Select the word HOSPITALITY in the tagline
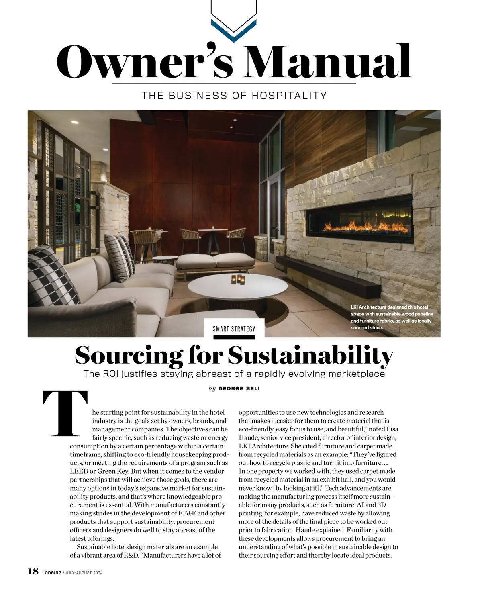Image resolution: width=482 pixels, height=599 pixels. [x=289, y=96]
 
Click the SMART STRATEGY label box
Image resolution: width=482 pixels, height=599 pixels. [x=234, y=329]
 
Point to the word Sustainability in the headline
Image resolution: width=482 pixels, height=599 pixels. [x=310, y=356]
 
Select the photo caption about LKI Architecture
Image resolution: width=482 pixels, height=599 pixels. [x=391, y=317]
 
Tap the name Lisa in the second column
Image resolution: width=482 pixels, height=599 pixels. [x=392, y=429]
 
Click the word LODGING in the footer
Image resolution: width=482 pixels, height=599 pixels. [x=51, y=573]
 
